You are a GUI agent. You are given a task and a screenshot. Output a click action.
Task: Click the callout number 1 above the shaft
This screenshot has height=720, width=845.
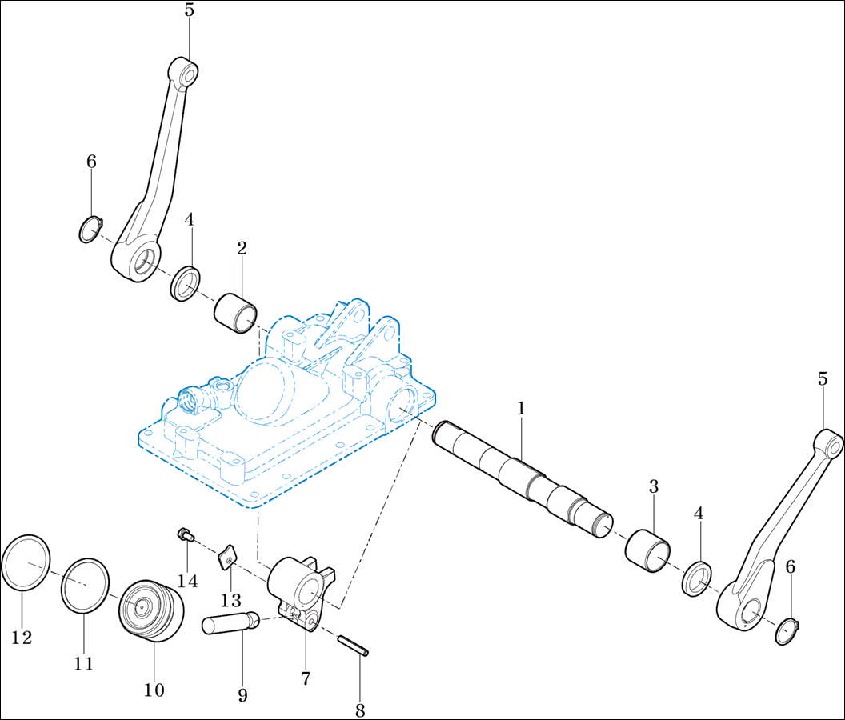click(521, 408)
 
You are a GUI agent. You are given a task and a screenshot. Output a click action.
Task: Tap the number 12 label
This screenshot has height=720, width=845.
click(22, 638)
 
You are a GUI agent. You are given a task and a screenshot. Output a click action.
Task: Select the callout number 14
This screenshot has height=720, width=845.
click(187, 581)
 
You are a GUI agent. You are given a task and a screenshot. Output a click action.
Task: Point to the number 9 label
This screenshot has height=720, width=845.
click(243, 695)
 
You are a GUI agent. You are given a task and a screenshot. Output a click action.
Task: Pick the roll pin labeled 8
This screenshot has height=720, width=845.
click(354, 646)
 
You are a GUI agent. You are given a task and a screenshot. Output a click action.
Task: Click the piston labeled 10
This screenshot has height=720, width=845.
click(151, 610)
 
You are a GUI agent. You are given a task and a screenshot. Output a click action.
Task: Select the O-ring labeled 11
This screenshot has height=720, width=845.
click(85, 586)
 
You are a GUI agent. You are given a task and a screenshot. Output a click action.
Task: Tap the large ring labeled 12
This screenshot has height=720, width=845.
click(26, 562)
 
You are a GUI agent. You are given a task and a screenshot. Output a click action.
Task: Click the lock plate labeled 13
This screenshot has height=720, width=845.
click(228, 557)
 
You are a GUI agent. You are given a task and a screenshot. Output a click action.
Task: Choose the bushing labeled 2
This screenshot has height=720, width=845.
click(235, 313)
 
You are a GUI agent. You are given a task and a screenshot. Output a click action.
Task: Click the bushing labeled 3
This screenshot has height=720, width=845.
click(648, 550)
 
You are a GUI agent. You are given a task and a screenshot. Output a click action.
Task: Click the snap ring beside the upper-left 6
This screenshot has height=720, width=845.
click(90, 230)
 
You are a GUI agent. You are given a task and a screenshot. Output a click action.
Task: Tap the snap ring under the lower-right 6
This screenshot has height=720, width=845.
click(787, 632)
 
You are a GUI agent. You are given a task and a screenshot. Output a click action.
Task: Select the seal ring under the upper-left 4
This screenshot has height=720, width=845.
click(186, 283)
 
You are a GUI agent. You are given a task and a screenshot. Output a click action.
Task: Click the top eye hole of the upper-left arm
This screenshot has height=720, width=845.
click(188, 74)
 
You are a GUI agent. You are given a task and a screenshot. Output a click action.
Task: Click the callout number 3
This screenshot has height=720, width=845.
click(654, 486)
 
